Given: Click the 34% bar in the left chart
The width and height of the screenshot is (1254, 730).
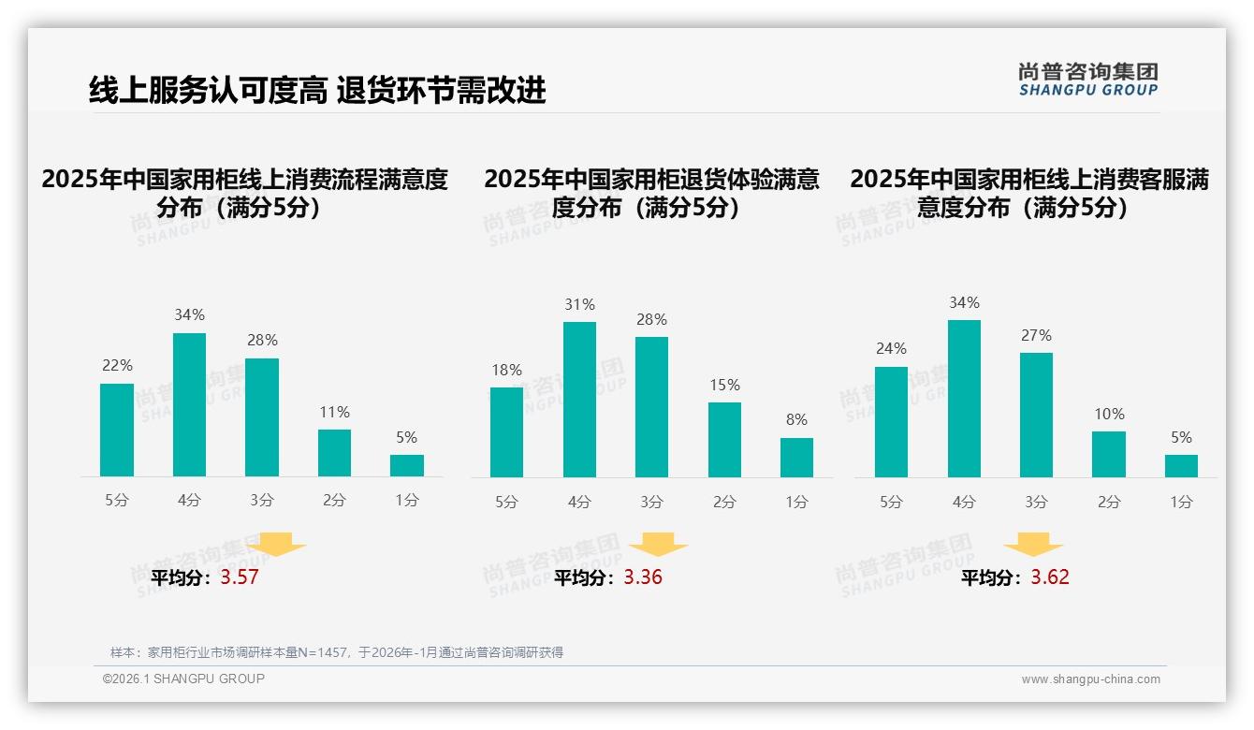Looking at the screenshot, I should coord(190,404).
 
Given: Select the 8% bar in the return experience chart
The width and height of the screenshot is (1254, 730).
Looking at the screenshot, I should coord(796,458).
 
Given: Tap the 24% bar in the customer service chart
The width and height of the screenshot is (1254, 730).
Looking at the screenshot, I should coord(891,421).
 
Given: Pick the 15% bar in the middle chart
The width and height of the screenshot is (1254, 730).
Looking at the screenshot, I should coord(724,440).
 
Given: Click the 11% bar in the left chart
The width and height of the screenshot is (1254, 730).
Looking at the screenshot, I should coord(334,453).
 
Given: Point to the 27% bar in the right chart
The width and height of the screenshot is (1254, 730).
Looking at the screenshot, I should coord(1036,415).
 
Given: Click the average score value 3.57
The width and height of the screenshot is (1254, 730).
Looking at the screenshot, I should coord(240,577).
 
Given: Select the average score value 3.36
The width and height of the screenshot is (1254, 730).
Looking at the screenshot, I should coord(643,577).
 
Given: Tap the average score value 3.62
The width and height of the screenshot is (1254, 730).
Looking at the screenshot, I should coord(1050,577).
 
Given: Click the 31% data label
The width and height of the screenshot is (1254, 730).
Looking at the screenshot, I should coord(579,305).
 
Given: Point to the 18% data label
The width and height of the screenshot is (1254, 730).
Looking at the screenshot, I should coord(506,371).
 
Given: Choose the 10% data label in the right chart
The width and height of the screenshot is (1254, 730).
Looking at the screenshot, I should coord(1109,415).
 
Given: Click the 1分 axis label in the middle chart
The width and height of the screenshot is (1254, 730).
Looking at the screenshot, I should coord(796,503).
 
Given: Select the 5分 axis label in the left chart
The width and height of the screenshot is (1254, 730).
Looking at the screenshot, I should coord(117,501).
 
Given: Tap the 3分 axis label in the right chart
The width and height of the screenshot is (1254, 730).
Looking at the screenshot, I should coord(1036,503).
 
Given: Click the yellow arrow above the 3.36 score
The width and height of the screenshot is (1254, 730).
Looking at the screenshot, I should coord(659,544).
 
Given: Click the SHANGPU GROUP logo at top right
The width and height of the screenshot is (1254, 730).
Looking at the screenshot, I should coord(1088,80).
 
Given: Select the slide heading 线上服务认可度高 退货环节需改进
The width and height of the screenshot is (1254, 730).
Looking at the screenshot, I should coord(317,90).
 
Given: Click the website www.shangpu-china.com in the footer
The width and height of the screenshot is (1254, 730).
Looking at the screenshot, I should coord(1090,679).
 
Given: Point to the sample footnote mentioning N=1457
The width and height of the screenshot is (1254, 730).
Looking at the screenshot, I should coord(337,652).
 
